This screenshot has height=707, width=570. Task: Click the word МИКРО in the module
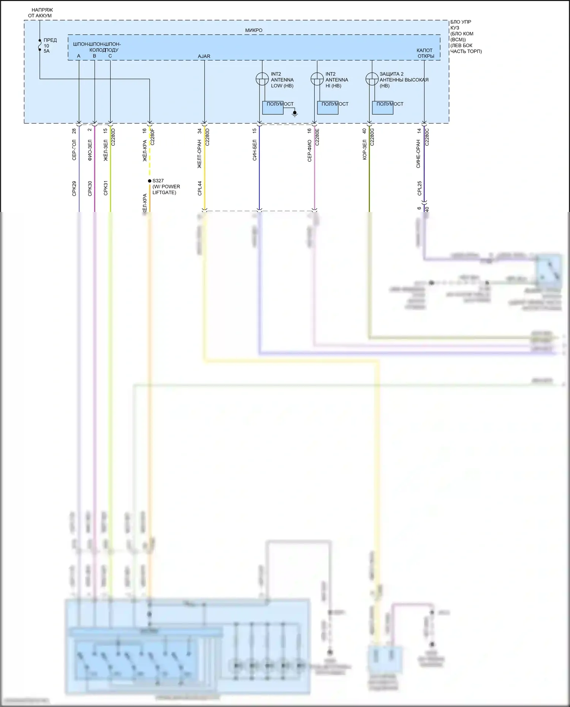tap(253, 30)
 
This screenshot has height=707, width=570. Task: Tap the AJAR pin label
tap(204, 56)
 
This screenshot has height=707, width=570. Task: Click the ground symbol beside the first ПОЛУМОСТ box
tap(294, 113)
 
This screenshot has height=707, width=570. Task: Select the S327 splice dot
tap(150, 181)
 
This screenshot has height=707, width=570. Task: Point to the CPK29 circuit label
tap(74, 188)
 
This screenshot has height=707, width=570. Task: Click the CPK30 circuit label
tap(90, 188)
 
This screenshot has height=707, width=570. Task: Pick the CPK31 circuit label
tap(106, 188)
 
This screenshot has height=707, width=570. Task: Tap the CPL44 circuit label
tap(200, 188)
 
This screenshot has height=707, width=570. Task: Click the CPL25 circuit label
tap(420, 188)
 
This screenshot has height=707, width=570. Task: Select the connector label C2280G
tap(372, 137)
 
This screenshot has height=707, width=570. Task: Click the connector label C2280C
tap(427, 137)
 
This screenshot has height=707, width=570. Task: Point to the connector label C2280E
tap(318, 137)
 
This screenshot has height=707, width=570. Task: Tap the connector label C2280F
tap(153, 137)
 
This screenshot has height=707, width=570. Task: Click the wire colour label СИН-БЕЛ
tap(255, 150)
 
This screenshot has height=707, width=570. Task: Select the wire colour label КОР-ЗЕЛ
tap(365, 150)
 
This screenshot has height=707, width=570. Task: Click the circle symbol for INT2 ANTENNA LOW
tap(262, 79)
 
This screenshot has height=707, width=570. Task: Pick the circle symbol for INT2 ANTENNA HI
tap(317, 79)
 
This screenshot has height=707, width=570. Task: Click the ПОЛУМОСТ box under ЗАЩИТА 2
tap(382, 108)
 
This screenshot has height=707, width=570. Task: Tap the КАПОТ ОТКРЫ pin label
tap(425, 53)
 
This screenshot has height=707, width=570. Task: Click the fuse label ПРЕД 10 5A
tap(49, 46)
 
